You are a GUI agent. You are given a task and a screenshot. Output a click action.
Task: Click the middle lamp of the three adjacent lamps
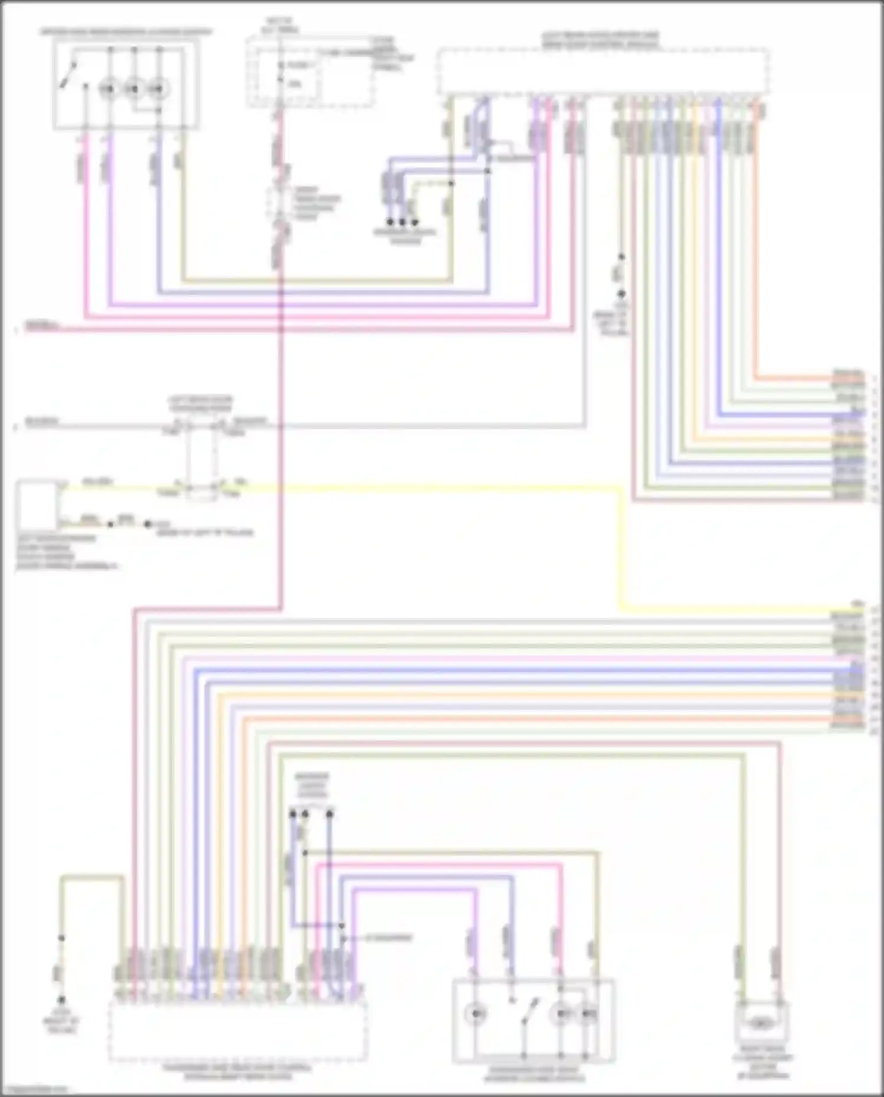click(x=134, y=89)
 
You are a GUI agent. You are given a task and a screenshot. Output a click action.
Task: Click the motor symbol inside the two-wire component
click(x=761, y=1024)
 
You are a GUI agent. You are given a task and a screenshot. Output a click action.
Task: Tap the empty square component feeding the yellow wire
click(x=37, y=505)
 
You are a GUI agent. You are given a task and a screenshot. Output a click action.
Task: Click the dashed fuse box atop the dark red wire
click(x=309, y=71)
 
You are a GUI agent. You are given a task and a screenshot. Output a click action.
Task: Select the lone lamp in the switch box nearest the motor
click(x=474, y=1014)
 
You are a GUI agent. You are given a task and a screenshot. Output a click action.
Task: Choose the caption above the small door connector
click(x=200, y=404)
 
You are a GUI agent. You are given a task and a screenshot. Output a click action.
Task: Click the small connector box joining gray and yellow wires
click(x=200, y=457)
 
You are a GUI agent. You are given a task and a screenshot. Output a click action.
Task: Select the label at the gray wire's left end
click(x=41, y=422)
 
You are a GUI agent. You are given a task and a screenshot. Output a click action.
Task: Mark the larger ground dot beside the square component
click(x=148, y=523)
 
